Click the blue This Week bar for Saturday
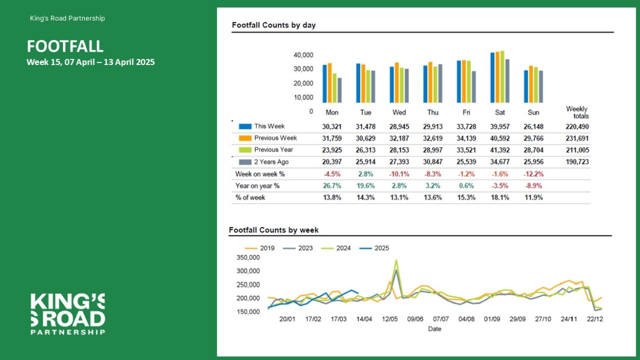(492, 77)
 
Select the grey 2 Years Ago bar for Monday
(339, 90)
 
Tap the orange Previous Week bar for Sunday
(531, 84)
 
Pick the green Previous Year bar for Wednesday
(402, 85)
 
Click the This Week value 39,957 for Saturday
(500, 126)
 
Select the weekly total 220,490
(577, 126)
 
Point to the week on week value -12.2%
(534, 174)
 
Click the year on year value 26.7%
(332, 186)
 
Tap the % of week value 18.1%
(500, 198)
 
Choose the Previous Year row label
(273, 150)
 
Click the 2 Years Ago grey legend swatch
(245, 162)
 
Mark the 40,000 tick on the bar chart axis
(303, 55)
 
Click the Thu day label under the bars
(433, 112)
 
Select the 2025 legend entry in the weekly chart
(374, 248)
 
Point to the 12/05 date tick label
(390, 319)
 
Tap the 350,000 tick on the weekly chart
(248, 258)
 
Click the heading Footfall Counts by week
(274, 230)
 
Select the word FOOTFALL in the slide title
(65, 46)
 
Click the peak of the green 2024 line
(396, 260)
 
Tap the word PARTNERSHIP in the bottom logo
(68, 332)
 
